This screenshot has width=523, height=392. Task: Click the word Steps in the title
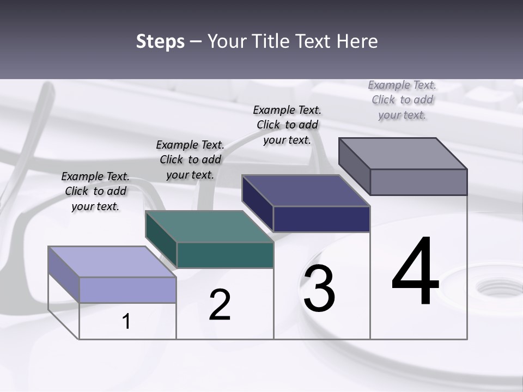(160, 41)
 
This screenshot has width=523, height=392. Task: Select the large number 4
(415, 272)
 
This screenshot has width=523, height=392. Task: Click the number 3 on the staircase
(319, 289)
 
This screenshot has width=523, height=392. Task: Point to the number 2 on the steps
(220, 305)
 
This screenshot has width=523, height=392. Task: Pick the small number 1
(126, 321)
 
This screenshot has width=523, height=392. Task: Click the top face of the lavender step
(112, 261)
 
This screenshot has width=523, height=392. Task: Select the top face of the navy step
(306, 191)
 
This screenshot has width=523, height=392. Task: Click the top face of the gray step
(403, 153)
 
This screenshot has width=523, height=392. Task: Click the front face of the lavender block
(127, 290)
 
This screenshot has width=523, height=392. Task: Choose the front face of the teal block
(224, 255)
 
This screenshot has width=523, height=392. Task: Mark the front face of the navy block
(321, 219)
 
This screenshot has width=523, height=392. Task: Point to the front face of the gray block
(418, 182)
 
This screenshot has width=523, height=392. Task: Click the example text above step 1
(95, 191)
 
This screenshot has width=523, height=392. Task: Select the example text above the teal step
(190, 160)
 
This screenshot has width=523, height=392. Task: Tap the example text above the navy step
(287, 125)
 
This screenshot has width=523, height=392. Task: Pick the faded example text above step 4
(402, 100)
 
